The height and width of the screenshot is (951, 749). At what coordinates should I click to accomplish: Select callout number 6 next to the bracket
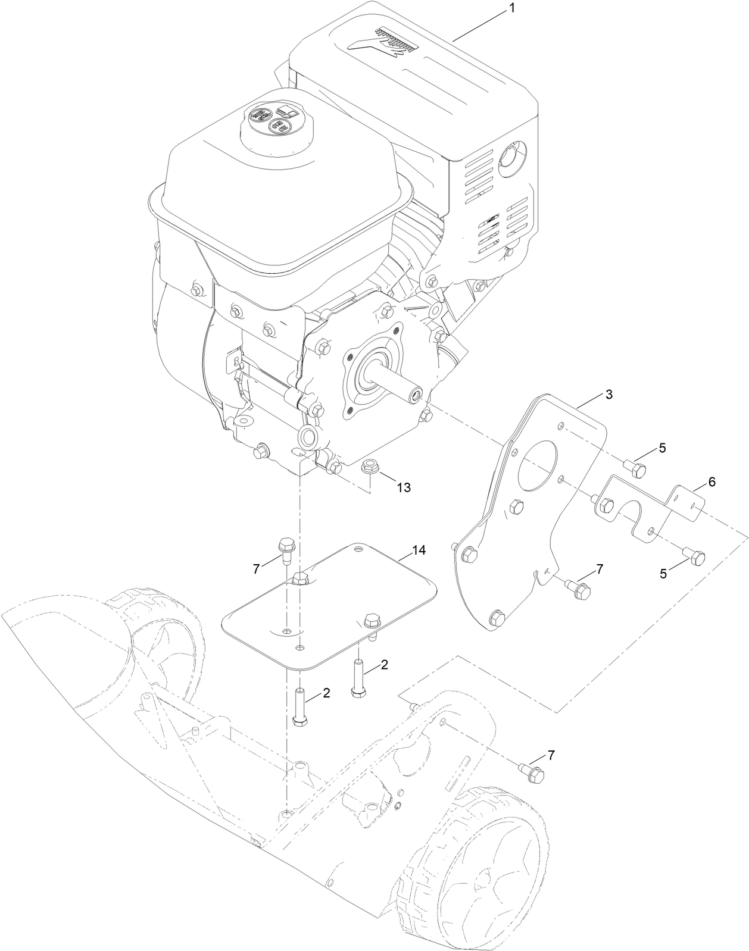coord(711,483)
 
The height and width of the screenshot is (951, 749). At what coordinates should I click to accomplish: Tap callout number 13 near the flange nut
coord(403,487)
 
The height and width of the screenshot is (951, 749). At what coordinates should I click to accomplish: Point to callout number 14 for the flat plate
coord(419,550)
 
